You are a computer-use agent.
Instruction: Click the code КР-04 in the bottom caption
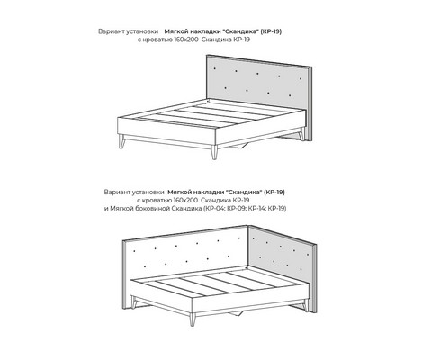(x=214, y=208)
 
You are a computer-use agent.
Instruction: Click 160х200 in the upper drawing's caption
(x=186, y=40)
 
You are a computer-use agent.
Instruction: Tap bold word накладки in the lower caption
(x=208, y=192)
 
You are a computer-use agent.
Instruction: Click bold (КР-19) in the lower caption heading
(x=274, y=192)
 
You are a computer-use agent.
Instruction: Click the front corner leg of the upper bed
(x=214, y=152)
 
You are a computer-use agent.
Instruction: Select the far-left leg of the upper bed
(x=121, y=141)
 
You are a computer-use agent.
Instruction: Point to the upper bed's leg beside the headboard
(x=301, y=134)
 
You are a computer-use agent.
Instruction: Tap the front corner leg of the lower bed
(x=193, y=319)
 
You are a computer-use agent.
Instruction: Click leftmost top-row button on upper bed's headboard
(x=214, y=68)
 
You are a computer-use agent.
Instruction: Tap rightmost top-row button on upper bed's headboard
(x=301, y=79)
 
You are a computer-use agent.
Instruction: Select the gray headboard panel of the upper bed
(x=257, y=83)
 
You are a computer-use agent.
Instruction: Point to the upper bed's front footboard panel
(x=166, y=130)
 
